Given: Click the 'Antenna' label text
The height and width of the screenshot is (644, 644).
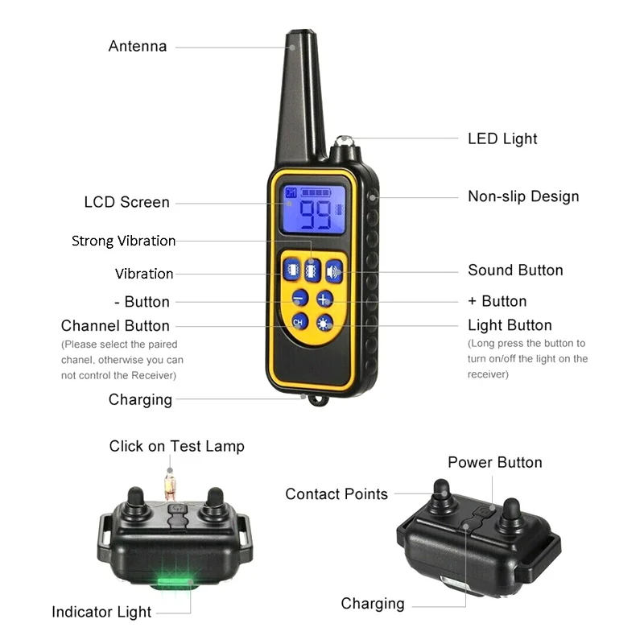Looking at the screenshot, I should click(x=138, y=47).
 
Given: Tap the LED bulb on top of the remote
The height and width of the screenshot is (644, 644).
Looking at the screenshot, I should click(x=346, y=144).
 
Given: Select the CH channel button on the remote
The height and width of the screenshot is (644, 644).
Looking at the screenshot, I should click(x=299, y=323).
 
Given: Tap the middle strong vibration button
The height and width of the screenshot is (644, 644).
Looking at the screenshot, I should click(x=312, y=270).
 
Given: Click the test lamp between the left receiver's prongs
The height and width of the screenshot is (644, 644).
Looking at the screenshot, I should click(x=170, y=485).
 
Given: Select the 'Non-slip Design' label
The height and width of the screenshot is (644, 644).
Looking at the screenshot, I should click(x=523, y=196).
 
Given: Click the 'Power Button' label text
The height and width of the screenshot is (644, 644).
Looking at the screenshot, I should click(x=494, y=462).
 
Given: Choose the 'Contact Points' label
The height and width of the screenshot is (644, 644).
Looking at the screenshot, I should click(x=336, y=494).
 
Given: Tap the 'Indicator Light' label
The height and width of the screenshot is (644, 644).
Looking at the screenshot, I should click(x=101, y=612).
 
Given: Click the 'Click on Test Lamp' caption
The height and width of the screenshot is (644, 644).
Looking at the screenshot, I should click(x=176, y=446).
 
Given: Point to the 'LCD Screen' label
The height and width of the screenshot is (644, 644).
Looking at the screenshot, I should click(x=126, y=202).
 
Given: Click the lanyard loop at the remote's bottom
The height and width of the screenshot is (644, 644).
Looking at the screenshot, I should click(x=320, y=400).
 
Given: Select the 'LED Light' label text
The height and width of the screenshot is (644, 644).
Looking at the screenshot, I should click(x=502, y=138).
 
